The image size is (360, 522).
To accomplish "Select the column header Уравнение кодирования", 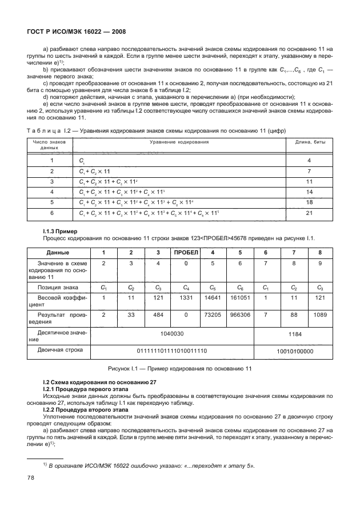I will [179, 142].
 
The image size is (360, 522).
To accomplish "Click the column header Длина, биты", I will [310, 142].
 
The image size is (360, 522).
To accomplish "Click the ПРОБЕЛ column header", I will [185, 252].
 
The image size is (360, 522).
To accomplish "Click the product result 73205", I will [211, 315].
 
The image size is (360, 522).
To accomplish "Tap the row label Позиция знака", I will [58, 287].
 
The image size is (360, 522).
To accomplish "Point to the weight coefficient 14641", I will [211, 299].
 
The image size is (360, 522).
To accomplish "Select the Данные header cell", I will [58, 252].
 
